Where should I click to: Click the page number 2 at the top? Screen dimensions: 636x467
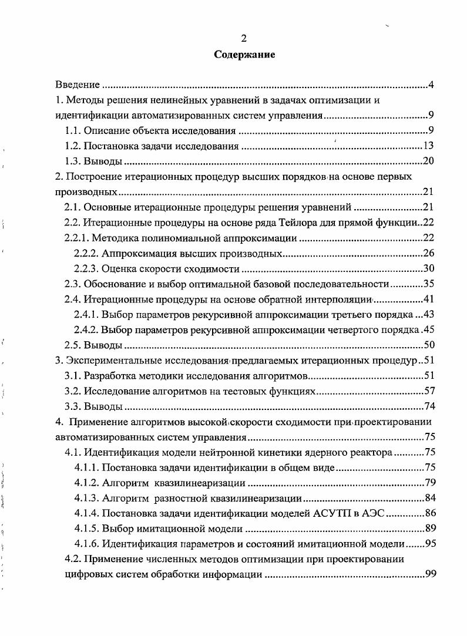click(244, 39)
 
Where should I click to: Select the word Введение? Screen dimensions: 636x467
click(77, 85)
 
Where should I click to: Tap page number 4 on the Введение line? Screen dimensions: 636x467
click(431, 85)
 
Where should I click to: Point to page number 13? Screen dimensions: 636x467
click(428, 146)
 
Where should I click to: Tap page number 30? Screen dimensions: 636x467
click(428, 268)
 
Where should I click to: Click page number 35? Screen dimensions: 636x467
click(428, 284)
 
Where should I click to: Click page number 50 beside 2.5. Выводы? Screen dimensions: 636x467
click(428, 345)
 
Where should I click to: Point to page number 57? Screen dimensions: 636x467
click(428, 391)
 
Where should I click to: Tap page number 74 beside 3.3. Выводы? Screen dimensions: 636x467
click(428, 406)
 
